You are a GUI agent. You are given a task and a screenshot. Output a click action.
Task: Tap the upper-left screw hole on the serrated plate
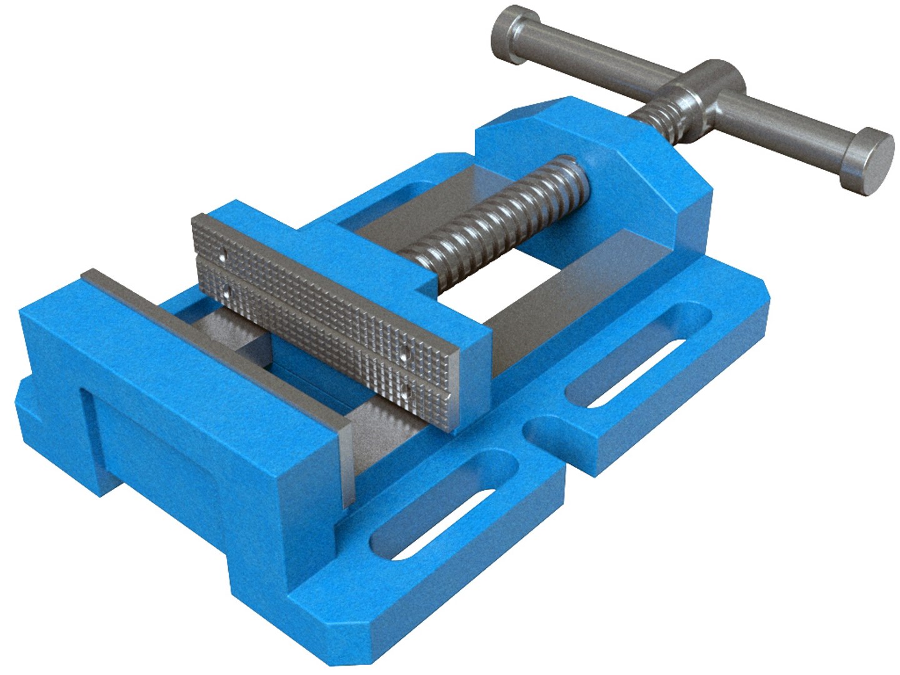tap(222, 256)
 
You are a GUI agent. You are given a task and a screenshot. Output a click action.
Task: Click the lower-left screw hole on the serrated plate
tap(224, 289)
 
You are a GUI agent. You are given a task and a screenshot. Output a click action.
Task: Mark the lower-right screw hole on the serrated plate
tap(407, 391)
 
